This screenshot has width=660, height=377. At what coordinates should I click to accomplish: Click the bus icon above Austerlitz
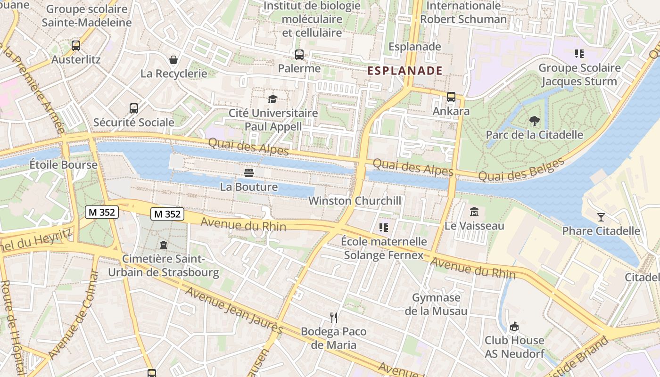tap(76, 46)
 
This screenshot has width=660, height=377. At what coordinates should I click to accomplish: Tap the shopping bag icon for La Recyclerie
tap(173, 60)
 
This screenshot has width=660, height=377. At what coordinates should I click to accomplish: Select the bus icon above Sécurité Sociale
tap(134, 108)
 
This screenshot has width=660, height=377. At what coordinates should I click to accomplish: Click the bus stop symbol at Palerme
tap(299, 55)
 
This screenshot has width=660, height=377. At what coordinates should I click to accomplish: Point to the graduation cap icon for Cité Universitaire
tap(273, 99)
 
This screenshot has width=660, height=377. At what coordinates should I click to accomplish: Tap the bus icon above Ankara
tap(451, 97)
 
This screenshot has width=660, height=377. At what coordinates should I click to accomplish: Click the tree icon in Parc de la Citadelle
tap(534, 121)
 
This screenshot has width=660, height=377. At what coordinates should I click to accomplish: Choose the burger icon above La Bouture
tap(249, 173)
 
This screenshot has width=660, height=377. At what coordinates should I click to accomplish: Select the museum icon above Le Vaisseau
tap(474, 212)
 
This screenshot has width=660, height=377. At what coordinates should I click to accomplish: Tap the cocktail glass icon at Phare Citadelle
tap(601, 217)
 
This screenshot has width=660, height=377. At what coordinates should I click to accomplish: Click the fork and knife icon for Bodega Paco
tap(334, 317)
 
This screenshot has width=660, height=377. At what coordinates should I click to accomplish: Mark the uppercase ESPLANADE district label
tap(404, 71)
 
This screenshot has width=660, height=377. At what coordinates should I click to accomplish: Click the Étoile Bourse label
tap(63, 165)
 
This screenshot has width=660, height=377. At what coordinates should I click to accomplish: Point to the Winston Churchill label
tap(355, 201)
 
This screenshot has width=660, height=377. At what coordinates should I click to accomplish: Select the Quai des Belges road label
tap(521, 170)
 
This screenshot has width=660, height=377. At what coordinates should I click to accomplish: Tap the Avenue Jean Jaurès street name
tap(233, 310)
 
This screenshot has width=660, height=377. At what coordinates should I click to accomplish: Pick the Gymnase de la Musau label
tap(436, 304)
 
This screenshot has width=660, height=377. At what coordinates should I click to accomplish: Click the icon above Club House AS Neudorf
tap(514, 326)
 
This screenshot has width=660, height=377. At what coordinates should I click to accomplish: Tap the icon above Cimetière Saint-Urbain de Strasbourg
tap(163, 245)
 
